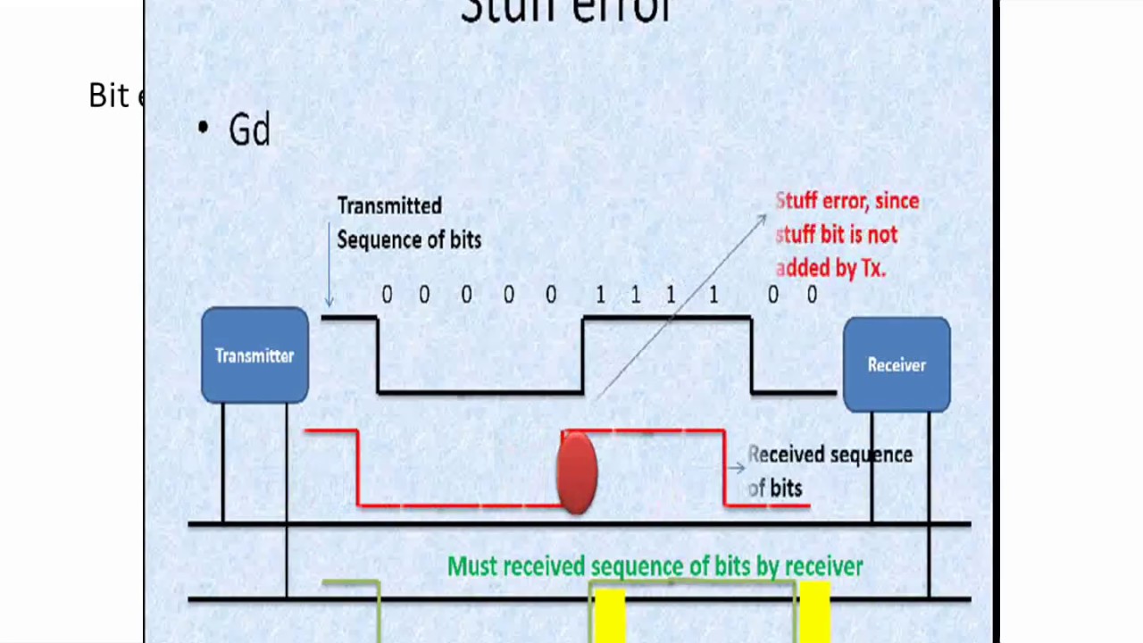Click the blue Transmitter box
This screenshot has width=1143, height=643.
click(254, 355)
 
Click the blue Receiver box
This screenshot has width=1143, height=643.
click(897, 364)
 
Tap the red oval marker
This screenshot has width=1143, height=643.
click(577, 472)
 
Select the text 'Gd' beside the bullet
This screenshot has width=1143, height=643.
click(249, 130)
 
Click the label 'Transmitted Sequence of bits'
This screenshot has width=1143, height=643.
click(408, 222)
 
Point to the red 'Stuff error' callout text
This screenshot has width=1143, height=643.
click(847, 234)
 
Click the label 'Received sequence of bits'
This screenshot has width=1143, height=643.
click(829, 471)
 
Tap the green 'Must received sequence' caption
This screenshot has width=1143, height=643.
click(655, 566)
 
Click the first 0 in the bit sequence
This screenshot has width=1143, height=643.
click(387, 295)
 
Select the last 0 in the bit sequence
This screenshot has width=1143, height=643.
click(812, 295)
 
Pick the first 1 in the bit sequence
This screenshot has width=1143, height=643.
click(600, 295)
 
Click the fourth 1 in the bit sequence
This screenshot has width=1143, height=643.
click(713, 295)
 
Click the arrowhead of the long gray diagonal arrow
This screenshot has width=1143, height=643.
click(761, 219)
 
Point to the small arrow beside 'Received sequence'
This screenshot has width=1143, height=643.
click(736, 467)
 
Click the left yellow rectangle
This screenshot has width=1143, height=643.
click(608, 614)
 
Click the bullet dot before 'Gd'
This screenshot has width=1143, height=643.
click(204, 128)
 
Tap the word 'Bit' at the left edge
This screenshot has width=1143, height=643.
click(109, 96)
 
